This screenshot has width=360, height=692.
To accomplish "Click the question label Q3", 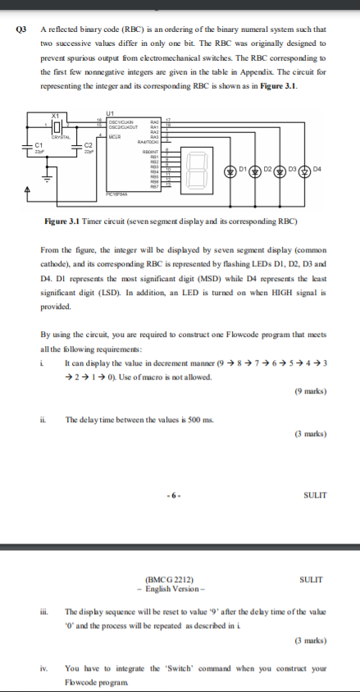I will coord(22,29).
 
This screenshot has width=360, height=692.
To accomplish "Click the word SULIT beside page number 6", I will coord(314,494).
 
